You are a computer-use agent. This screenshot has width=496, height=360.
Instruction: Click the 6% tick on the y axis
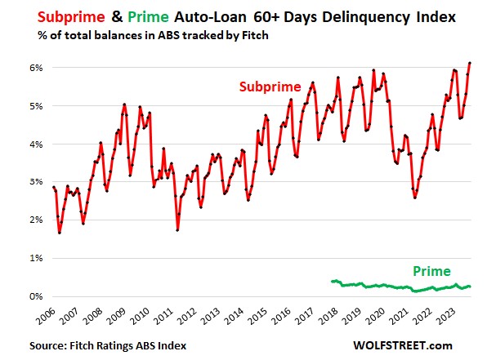35,68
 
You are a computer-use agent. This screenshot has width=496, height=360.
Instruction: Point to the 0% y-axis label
35,296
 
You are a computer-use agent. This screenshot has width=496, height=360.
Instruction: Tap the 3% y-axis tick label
35,182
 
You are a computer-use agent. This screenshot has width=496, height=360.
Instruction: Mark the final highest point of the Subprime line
469,63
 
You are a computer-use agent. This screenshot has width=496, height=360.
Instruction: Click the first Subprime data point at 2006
53,187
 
